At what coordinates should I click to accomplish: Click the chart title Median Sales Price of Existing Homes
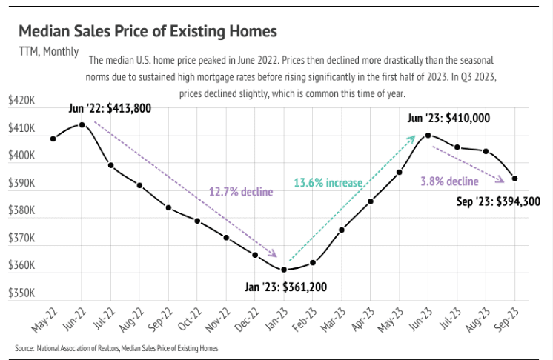point(148,31)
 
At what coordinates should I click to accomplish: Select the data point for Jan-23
point(284,269)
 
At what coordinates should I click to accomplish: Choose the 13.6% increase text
point(328,182)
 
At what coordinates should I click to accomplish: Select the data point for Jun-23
point(428,135)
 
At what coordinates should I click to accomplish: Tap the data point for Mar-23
point(342,230)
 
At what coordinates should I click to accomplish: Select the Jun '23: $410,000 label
point(449,118)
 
